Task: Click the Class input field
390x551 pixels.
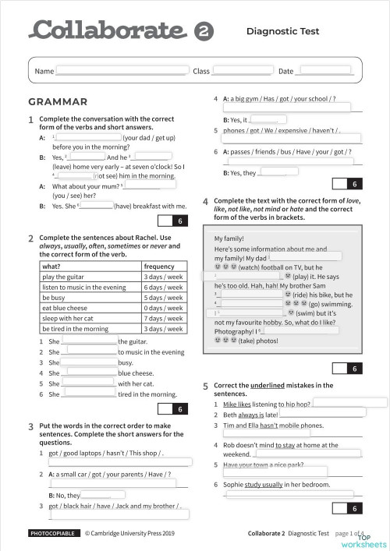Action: [241, 70]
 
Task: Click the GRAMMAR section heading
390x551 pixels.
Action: [57, 102]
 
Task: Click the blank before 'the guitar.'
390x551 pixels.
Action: [88, 341]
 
